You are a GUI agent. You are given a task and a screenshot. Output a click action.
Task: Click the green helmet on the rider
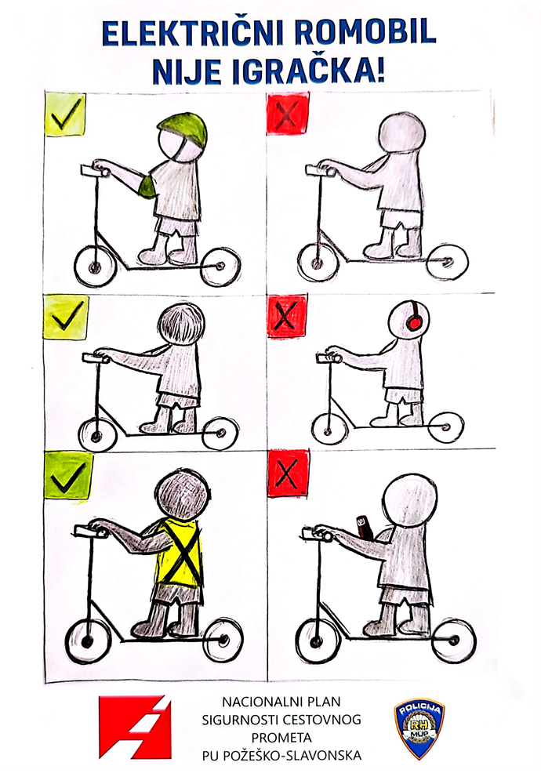pyautogui.click(x=183, y=129)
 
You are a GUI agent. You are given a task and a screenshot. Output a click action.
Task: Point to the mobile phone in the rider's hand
pyautogui.click(x=364, y=528)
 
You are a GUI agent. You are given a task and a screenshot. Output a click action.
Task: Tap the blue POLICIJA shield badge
pyautogui.click(x=419, y=728)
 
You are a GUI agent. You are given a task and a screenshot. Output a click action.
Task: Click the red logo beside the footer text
pyautogui.click(x=135, y=727)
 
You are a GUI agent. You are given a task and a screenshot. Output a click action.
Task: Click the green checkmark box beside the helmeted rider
pyautogui.click(x=64, y=113)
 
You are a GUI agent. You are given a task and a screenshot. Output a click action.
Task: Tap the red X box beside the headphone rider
pyautogui.click(x=286, y=315)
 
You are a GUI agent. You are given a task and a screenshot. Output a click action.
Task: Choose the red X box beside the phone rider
pyautogui.click(x=288, y=473)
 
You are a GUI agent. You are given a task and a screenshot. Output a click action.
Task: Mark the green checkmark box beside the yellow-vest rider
pyautogui.click(x=68, y=476)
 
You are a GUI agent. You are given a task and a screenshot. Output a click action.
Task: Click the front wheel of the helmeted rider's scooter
pyautogui.click(x=94, y=267)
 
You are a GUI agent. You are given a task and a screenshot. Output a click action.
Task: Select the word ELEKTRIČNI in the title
pyautogui.click(x=194, y=34)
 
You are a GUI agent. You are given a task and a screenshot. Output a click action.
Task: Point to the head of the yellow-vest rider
pyautogui.click(x=181, y=495)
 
